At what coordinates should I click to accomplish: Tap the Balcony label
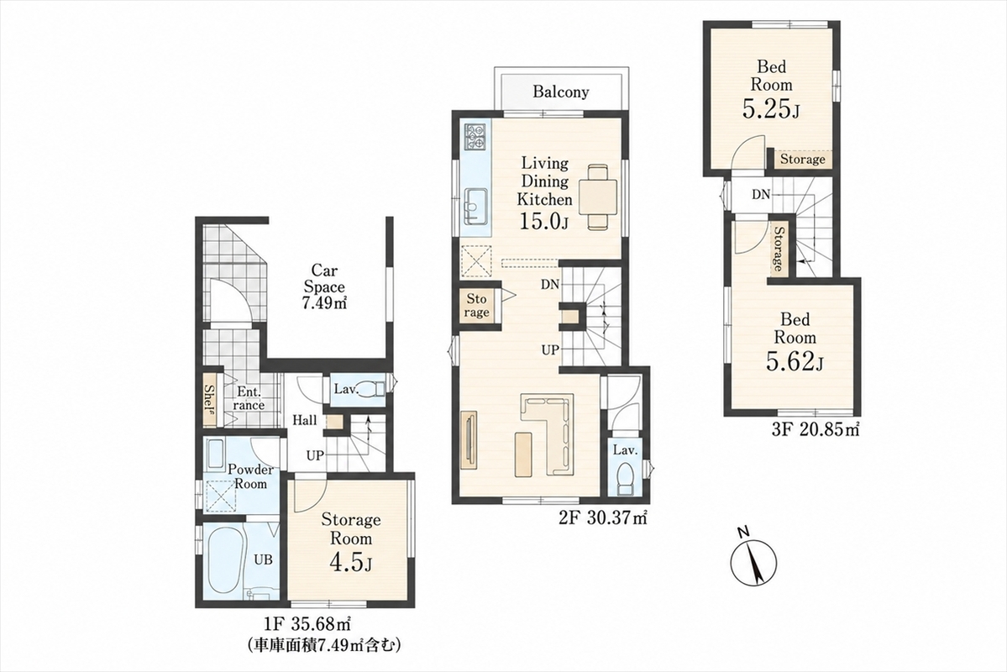tap(560, 92)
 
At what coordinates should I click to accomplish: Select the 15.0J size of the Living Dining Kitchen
tap(544, 222)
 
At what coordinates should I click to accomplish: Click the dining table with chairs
tap(599, 197)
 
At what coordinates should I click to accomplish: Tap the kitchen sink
tap(475, 204)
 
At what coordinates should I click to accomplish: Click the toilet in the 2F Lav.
tap(623, 480)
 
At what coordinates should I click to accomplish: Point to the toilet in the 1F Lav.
tap(369, 389)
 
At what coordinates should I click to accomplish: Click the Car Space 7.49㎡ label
tap(324, 287)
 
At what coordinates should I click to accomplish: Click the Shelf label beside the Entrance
tap(209, 400)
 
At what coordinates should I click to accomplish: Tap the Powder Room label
tap(250, 476)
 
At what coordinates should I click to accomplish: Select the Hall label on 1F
tap(304, 421)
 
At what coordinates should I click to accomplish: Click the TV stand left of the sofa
tap(467, 439)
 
